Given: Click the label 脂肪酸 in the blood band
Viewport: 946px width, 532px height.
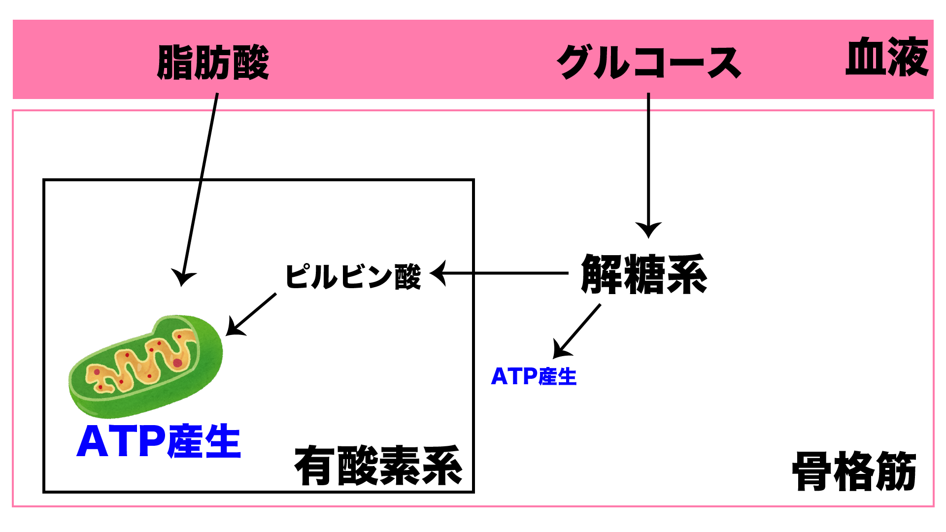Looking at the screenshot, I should pyautogui.click(x=213, y=63).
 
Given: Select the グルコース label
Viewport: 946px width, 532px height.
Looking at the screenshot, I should pyautogui.click(x=648, y=63).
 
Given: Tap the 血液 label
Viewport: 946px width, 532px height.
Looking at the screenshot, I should pyautogui.click(x=887, y=58).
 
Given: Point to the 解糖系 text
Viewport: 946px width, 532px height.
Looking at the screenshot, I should pyautogui.click(x=644, y=274).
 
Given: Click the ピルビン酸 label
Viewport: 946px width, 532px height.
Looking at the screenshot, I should pyautogui.click(x=353, y=276).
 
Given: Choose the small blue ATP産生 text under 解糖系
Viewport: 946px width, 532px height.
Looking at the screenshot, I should pyautogui.click(x=534, y=377).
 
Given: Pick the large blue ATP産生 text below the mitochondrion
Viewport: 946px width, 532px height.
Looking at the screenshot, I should pyautogui.click(x=159, y=441).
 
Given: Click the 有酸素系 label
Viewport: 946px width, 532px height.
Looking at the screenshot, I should pyautogui.click(x=378, y=465).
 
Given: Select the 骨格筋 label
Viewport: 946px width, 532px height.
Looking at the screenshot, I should pyautogui.click(x=854, y=471).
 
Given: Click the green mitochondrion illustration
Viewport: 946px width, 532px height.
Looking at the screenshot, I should pyautogui.click(x=145, y=365).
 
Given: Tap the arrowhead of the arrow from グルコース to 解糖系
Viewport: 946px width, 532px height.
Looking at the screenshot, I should pyautogui.click(x=648, y=231).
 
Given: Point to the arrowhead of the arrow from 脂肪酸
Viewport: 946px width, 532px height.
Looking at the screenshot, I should pyautogui.click(x=183, y=278).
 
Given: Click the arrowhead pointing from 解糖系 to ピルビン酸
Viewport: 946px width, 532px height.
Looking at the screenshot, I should pyautogui.click(x=438, y=273).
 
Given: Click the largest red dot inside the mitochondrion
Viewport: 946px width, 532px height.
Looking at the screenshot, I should pyautogui.click(x=177, y=363).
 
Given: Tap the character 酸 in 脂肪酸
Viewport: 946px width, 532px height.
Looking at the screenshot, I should pyautogui.click(x=250, y=63).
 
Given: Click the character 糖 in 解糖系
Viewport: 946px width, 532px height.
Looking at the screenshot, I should pyautogui.click(x=644, y=274).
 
